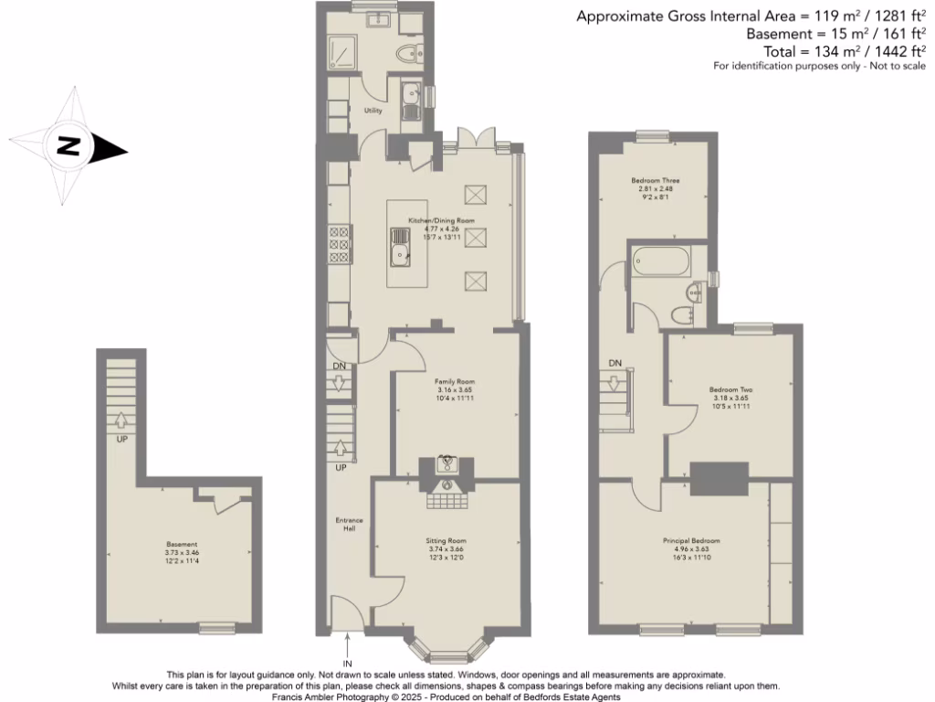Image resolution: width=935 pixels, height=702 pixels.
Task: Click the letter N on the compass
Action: click(67, 146)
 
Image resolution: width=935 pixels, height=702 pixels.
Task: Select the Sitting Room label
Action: click(446, 540)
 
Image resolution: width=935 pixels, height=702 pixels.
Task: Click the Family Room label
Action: click(456, 381)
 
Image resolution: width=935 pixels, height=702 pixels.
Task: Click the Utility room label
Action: click(373, 111)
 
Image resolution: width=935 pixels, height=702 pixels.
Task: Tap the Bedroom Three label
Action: click(655, 181)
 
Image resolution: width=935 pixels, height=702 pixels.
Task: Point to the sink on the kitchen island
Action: click(401, 246)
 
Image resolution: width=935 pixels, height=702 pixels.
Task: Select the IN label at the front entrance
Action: click(347, 663)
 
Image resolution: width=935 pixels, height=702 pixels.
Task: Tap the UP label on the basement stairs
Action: click(121, 439)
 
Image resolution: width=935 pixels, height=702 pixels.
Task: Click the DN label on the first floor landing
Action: click(615, 363)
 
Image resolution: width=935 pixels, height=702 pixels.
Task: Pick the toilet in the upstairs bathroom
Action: click(680, 315)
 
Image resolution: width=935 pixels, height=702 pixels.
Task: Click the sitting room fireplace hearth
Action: click(447, 500)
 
